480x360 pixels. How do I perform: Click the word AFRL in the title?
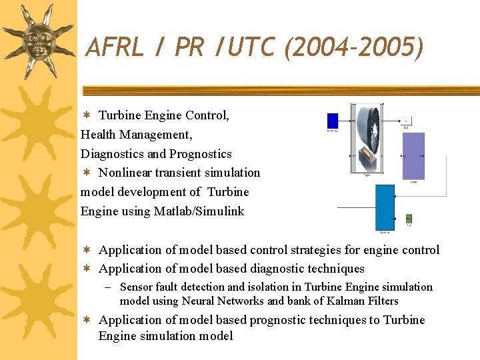114,47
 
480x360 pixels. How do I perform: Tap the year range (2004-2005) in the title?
353,47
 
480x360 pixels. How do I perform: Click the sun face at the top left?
38,39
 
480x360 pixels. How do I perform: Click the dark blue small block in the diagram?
332,121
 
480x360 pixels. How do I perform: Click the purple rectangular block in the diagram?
413,155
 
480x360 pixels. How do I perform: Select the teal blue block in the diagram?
385,206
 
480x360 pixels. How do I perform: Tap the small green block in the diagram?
409,218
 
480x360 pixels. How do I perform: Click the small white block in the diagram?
407,121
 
